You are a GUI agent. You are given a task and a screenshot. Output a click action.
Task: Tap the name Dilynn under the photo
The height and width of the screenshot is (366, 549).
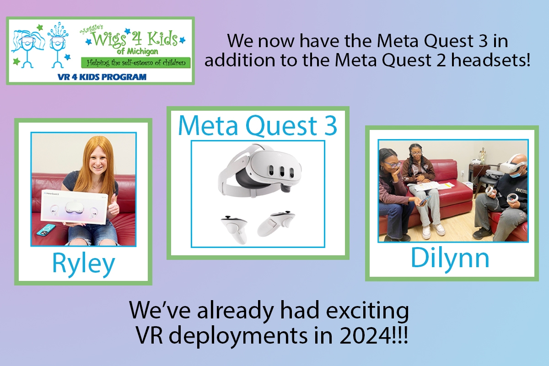450,258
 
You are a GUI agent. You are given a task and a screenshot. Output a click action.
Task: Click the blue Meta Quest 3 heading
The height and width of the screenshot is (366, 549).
258,126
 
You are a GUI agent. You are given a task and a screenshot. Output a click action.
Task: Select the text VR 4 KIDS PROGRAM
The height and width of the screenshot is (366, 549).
102,77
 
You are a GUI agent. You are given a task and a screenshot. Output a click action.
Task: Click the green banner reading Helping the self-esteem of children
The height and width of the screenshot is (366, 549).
136,63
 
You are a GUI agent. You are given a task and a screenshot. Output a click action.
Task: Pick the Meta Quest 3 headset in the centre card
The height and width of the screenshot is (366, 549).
260,172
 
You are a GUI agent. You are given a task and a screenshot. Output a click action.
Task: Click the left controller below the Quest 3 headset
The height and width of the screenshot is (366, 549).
234,228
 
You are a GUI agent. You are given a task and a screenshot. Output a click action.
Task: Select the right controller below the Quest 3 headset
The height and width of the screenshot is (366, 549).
276,224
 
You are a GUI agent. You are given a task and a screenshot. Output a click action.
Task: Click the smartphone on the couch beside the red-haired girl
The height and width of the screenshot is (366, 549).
46,231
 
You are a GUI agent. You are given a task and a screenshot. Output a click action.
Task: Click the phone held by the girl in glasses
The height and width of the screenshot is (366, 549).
424,201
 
